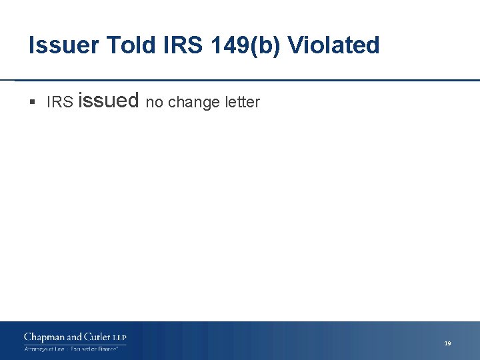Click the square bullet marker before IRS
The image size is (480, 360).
(x=33, y=103)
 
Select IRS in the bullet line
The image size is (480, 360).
(x=59, y=103)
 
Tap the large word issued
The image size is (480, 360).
(x=109, y=101)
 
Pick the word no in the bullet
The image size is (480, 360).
(x=154, y=103)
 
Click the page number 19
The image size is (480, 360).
(x=447, y=343)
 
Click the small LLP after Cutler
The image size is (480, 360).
(x=119, y=338)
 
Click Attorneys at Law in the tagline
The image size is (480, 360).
(x=45, y=349)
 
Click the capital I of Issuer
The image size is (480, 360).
(x=32, y=45)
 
